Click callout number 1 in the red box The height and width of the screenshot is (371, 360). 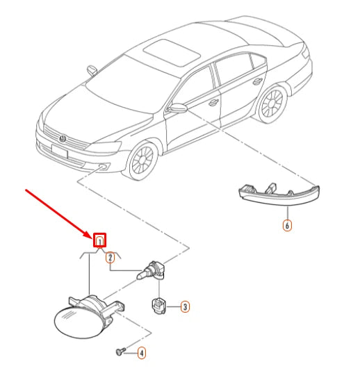[x=99, y=240]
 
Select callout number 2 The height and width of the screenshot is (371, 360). [x=110, y=258]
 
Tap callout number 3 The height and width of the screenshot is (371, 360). [x=185, y=306]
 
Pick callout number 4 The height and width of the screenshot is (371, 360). [x=142, y=353]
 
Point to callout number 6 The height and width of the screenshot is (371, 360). [x=287, y=225]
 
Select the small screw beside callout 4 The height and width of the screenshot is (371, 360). [x=121, y=351]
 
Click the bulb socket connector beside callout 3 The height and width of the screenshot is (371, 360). [x=159, y=306]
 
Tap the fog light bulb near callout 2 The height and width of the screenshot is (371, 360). [x=151, y=271]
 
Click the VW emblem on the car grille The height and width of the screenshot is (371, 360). [x=63, y=139]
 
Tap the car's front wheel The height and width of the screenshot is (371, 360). [x=142, y=160]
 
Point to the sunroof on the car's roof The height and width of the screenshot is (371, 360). [x=172, y=53]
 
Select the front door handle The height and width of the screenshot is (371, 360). [x=213, y=103]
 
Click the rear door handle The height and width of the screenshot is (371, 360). [x=257, y=82]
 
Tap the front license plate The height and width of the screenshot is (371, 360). [x=60, y=151]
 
